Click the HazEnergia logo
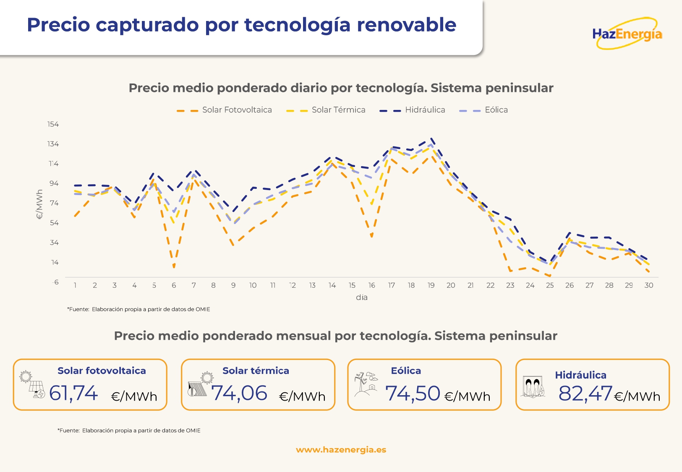click(x=627, y=34)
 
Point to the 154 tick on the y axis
click(x=53, y=124)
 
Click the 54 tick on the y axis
click(x=54, y=223)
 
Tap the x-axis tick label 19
click(x=431, y=285)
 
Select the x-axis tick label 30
click(x=648, y=285)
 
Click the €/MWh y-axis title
click(x=39, y=204)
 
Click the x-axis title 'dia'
click(x=362, y=297)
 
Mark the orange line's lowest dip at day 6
click(x=174, y=267)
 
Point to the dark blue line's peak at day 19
click(x=431, y=139)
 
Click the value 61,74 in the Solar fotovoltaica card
click(x=73, y=394)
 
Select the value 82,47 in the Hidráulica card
click(x=585, y=394)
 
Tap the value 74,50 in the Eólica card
click(x=413, y=394)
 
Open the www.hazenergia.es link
click(x=341, y=450)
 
